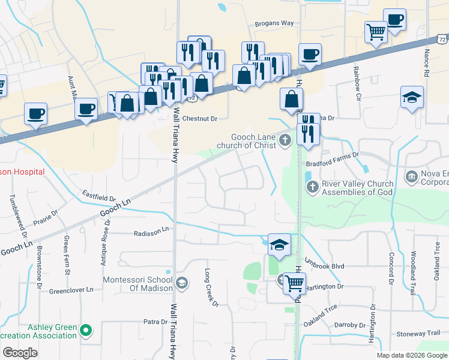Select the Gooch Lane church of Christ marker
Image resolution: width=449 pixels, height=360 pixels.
coord(285,141)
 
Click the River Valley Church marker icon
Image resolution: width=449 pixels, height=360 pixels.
coord(312,188)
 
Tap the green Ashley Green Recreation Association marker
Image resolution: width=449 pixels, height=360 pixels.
coord(86,329)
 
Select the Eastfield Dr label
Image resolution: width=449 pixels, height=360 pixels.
coord(98,196)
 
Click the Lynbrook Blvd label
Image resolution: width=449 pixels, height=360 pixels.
coord(324,265)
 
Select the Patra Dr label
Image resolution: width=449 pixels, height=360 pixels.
coord(155,322)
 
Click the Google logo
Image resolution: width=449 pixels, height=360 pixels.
coord(20,353)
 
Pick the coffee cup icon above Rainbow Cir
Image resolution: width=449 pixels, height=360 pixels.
coord(394,19)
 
